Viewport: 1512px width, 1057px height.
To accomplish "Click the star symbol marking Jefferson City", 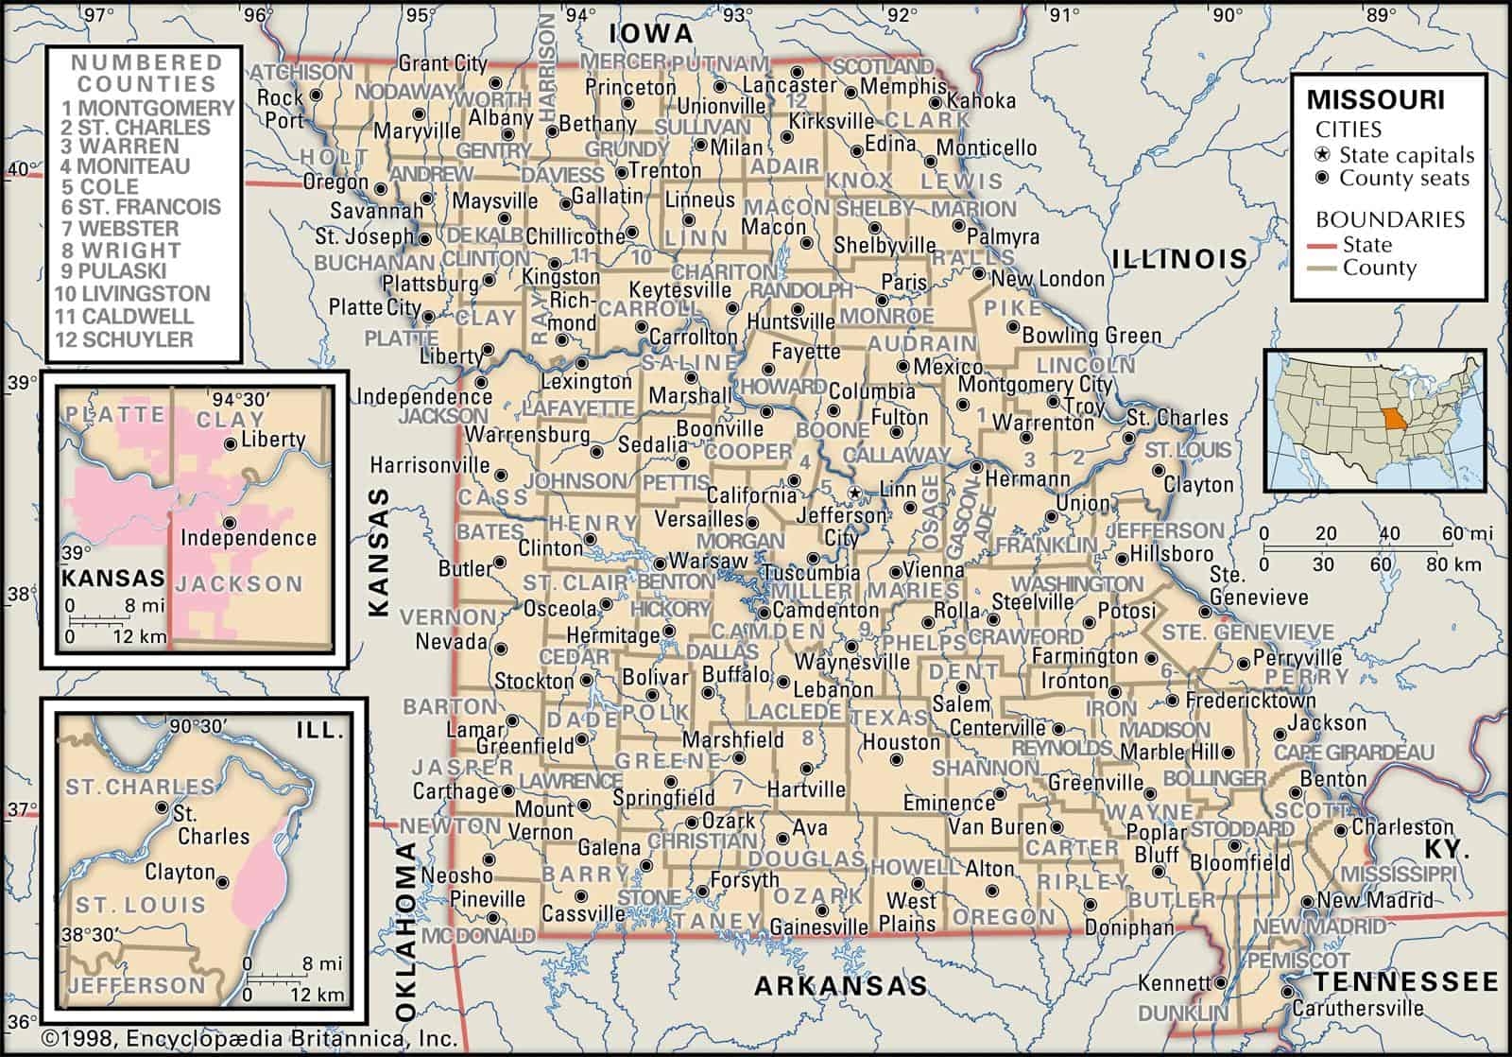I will (854, 494).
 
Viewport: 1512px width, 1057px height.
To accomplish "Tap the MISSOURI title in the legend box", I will (1375, 100).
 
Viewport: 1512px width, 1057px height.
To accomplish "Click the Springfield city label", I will (664, 799).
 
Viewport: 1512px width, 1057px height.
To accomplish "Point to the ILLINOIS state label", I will (1178, 258).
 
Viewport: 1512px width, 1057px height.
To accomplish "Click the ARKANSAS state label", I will (840, 987).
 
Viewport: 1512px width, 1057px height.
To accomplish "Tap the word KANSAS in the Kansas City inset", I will (112, 577).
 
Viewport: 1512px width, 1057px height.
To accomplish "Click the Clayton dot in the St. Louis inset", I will (223, 881).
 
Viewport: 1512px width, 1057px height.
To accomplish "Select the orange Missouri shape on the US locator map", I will (1390, 418).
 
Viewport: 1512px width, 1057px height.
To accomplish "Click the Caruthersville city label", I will (1358, 1007).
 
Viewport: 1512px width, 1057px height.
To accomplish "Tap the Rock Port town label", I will (281, 109).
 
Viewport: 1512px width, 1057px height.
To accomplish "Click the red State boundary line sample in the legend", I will (1326, 246).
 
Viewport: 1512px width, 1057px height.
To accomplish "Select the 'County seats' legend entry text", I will (1404, 178).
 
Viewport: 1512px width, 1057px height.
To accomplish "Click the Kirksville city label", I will (831, 122).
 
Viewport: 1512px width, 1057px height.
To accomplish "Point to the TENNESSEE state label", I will (1407, 980).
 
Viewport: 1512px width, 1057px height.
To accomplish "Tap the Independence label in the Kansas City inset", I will (248, 538).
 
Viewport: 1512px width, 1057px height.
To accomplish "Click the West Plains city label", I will (910, 912).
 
